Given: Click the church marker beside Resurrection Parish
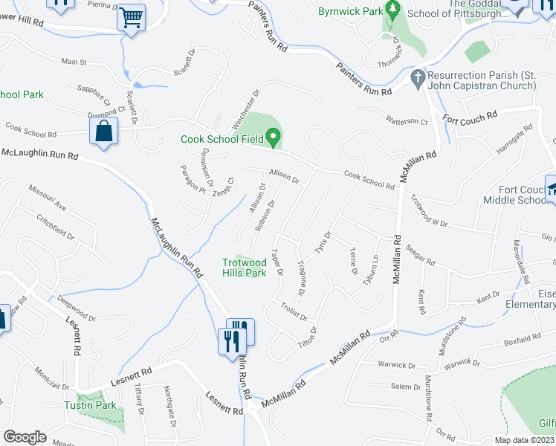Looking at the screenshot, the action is pyautogui.click(x=418, y=77).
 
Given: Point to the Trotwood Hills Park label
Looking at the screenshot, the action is pyautogui.click(x=245, y=268).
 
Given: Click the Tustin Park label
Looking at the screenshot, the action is pyautogui.click(x=100, y=405).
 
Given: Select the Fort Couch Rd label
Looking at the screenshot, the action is pyautogui.click(x=470, y=118).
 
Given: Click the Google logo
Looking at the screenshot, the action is pyautogui.click(x=25, y=437).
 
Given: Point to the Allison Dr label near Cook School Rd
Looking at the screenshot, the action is pyautogui.click(x=284, y=176).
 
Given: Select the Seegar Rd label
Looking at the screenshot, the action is pyautogui.click(x=421, y=256).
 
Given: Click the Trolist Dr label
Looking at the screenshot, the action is pyautogui.click(x=294, y=311).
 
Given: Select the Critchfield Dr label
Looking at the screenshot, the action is pyautogui.click(x=56, y=227).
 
